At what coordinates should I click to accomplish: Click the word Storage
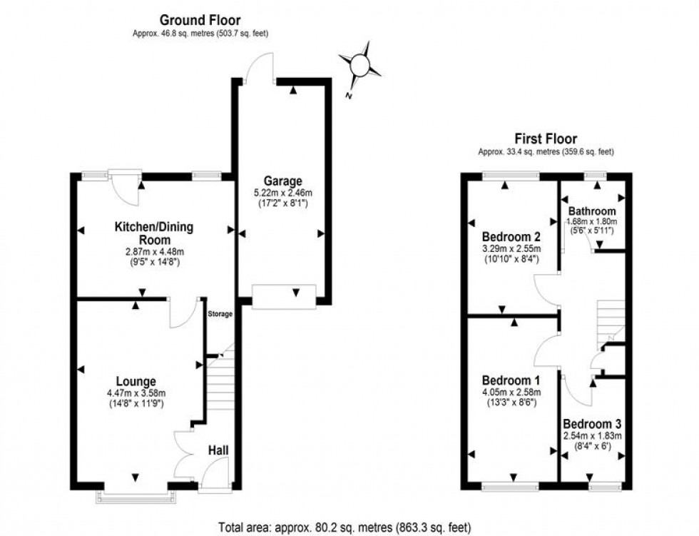(220, 314)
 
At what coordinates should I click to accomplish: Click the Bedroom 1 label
(510, 380)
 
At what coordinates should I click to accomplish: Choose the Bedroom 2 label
(511, 237)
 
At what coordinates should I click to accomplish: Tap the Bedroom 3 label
(593, 423)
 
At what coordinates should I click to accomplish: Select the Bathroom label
(591, 211)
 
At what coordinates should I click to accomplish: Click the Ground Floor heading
(200, 21)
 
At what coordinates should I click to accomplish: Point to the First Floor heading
(546, 139)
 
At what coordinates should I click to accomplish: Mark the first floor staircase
(610, 318)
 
